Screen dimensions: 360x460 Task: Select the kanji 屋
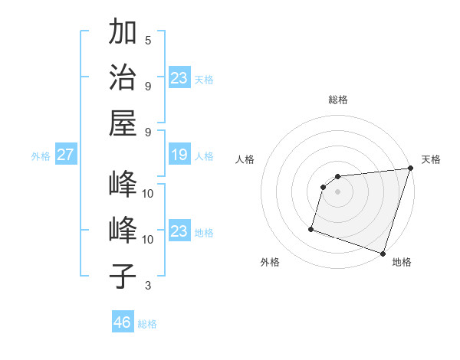(x=123, y=122)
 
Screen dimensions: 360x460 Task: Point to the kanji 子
(x=123, y=276)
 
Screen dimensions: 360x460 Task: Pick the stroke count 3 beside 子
(x=148, y=286)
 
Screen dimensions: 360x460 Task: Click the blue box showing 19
(x=179, y=155)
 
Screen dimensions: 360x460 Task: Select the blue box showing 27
(x=65, y=155)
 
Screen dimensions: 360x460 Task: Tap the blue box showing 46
(x=122, y=322)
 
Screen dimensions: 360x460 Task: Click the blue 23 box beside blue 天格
(x=179, y=78)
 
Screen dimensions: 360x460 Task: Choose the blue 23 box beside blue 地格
(x=179, y=231)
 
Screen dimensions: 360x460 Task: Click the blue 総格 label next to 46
(x=147, y=324)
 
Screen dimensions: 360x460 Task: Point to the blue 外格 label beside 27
(x=41, y=156)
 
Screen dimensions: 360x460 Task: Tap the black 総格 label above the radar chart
(x=337, y=100)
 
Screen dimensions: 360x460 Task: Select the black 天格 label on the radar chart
(x=432, y=159)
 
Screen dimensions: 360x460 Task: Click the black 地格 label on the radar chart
(x=402, y=263)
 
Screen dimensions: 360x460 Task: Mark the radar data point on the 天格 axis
(x=410, y=169)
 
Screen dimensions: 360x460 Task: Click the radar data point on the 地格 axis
(x=383, y=254)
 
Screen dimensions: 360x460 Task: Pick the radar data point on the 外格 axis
(x=311, y=228)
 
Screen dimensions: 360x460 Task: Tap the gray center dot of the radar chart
(x=337, y=192)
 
